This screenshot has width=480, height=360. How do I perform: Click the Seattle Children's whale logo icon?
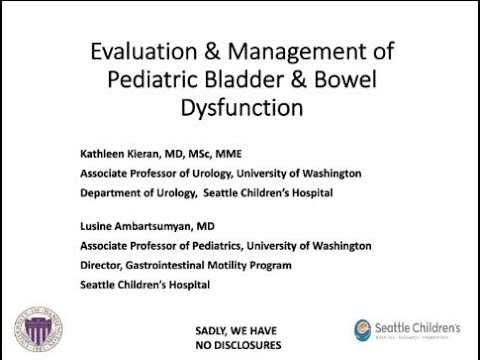(365, 331)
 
